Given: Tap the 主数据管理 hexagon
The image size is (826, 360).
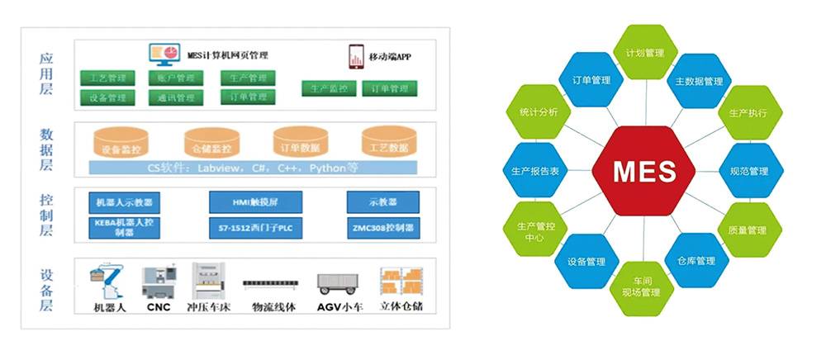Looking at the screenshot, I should [x=699, y=81].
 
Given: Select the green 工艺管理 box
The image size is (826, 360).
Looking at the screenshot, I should [x=107, y=78].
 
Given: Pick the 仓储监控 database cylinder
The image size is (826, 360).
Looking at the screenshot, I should [x=212, y=144].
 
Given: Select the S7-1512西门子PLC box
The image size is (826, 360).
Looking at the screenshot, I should [x=244, y=226].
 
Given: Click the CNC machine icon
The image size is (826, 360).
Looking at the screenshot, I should [x=159, y=282].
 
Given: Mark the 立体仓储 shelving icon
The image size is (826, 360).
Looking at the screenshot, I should [x=401, y=282].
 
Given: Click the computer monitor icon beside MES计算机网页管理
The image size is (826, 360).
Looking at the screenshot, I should [x=164, y=55].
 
